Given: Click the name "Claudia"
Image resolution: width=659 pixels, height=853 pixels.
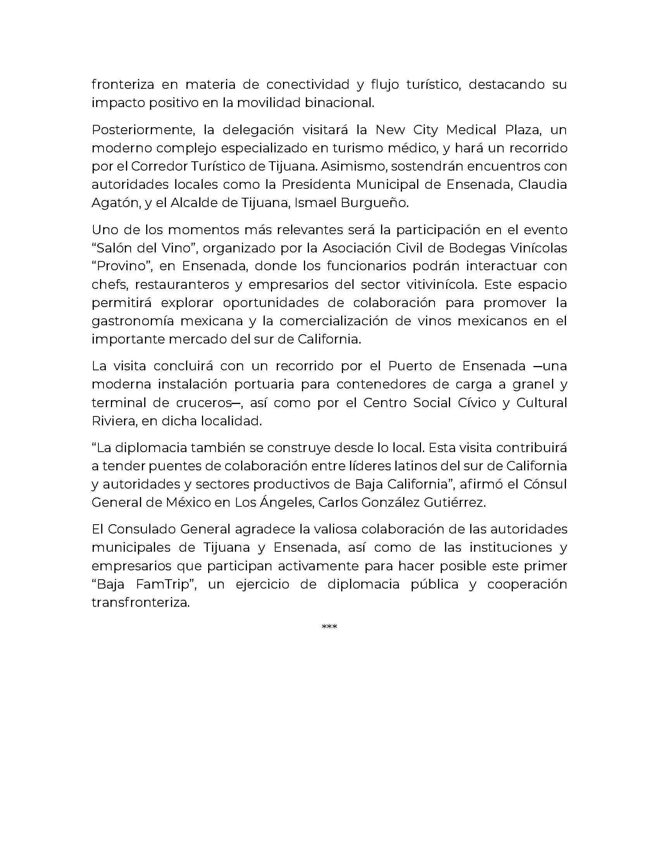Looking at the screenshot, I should click(x=542, y=184).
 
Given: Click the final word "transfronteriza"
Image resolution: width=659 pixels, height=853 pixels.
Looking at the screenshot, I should click(x=141, y=603).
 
